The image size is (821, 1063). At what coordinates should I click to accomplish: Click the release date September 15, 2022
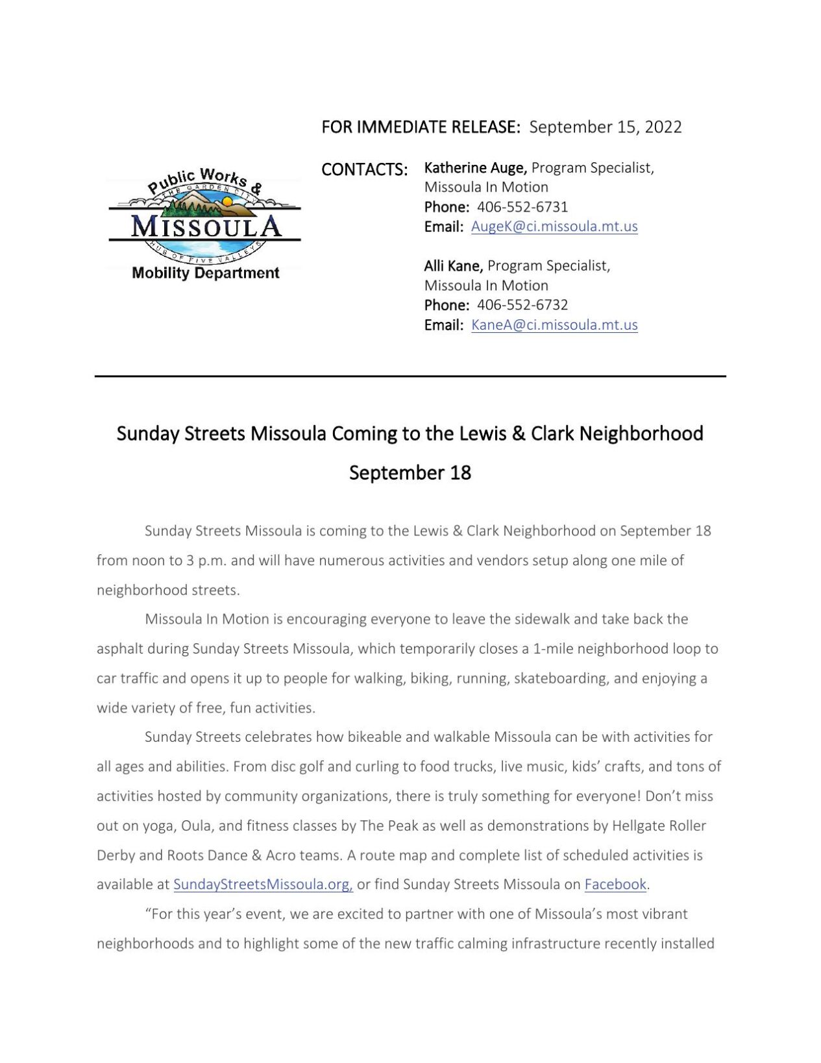(x=605, y=127)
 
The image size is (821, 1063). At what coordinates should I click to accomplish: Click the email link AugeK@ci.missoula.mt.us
(x=554, y=226)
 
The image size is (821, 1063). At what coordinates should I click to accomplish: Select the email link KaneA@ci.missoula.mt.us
(x=554, y=325)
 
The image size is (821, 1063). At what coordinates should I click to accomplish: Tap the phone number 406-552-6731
(x=522, y=207)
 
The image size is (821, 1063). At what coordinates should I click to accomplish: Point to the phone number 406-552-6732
(x=522, y=305)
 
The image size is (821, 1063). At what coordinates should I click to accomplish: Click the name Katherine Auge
(x=474, y=167)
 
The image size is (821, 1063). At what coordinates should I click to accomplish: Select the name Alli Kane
(x=453, y=265)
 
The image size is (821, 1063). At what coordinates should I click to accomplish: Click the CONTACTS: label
(x=364, y=169)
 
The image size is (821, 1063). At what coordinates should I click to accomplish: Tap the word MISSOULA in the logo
(x=206, y=226)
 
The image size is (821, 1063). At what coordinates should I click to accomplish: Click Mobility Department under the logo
(x=205, y=273)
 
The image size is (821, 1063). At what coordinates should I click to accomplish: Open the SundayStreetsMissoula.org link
(x=263, y=885)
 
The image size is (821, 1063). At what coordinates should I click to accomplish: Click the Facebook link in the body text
(x=615, y=885)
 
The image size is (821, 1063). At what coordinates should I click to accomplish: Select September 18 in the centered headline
(x=410, y=472)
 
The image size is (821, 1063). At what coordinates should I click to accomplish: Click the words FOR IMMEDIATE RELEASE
(x=421, y=127)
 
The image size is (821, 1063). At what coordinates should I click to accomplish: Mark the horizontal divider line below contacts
(x=410, y=376)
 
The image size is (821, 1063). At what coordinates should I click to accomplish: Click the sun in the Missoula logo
(x=227, y=202)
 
